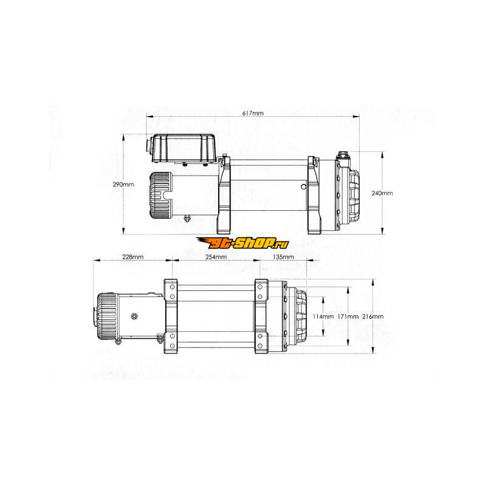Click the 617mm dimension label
tap(253, 113)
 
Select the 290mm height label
tap(123, 185)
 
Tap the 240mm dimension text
tap(382, 193)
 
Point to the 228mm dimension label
tap(133, 257)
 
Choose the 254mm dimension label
tap(216, 257)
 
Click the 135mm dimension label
tap(283, 257)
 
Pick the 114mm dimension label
tap(323, 317)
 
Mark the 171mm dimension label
tap(347, 317)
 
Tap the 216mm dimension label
tap(373, 317)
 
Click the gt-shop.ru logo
tap(242, 244)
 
